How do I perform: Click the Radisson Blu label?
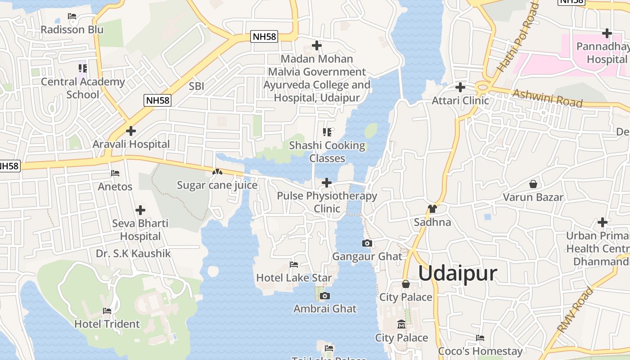pyautogui.click(x=72, y=30)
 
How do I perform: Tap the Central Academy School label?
pyautogui.click(x=83, y=88)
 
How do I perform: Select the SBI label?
pyautogui.click(x=197, y=86)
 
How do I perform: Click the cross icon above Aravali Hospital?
pyautogui.click(x=131, y=131)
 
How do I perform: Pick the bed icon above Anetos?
pyautogui.click(x=115, y=173)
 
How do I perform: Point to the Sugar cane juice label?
pyautogui.click(x=217, y=185)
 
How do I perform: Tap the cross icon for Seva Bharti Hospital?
pyautogui.click(x=140, y=210)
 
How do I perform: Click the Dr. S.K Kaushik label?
pyautogui.click(x=133, y=253)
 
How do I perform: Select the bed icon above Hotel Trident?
pyautogui.click(x=107, y=311)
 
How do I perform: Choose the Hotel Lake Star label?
pyautogui.click(x=294, y=278)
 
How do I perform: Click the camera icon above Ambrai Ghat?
pyautogui.click(x=325, y=296)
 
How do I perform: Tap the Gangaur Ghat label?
pyautogui.click(x=367, y=256)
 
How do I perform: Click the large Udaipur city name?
pyautogui.click(x=458, y=273)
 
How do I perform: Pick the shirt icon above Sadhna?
pyautogui.click(x=432, y=209)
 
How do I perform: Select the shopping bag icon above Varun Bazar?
pyautogui.click(x=533, y=184)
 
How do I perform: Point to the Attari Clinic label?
pyautogui.click(x=460, y=100)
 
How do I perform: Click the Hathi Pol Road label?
pyautogui.click(x=518, y=38)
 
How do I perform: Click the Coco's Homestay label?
pyautogui.click(x=480, y=351)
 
